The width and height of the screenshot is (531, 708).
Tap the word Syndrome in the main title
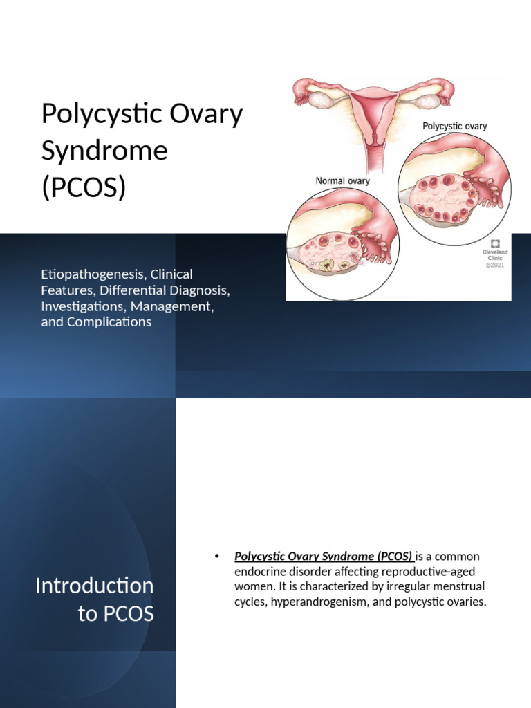[x=104, y=150]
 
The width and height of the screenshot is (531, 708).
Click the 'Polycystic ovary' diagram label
[x=454, y=127]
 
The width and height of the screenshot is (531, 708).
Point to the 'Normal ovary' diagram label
[x=342, y=181]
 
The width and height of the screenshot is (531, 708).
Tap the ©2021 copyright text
[x=495, y=265]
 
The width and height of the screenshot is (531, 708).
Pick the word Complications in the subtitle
[x=109, y=322]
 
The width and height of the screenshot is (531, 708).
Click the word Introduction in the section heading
[x=94, y=586]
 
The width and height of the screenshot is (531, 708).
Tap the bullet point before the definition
[x=216, y=557]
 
